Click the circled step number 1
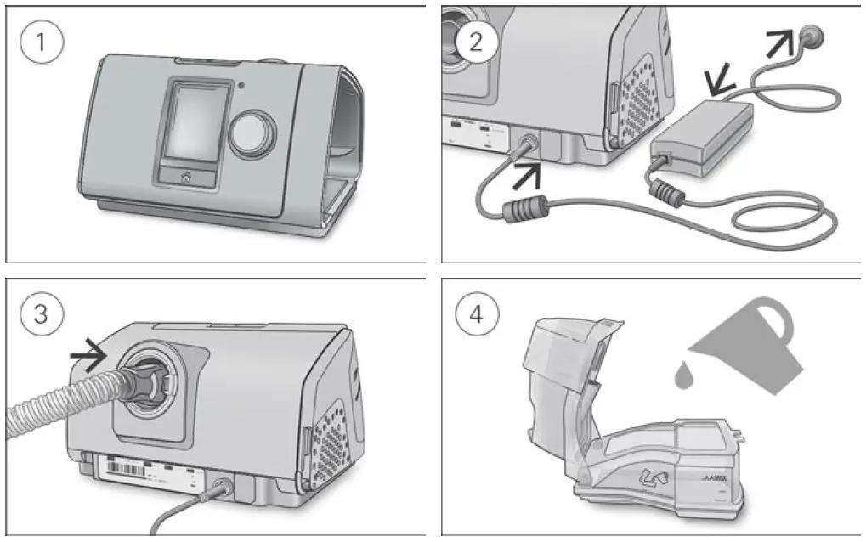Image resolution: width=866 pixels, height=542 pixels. click(42, 43)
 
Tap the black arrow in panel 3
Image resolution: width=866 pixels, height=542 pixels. click(87, 351)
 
